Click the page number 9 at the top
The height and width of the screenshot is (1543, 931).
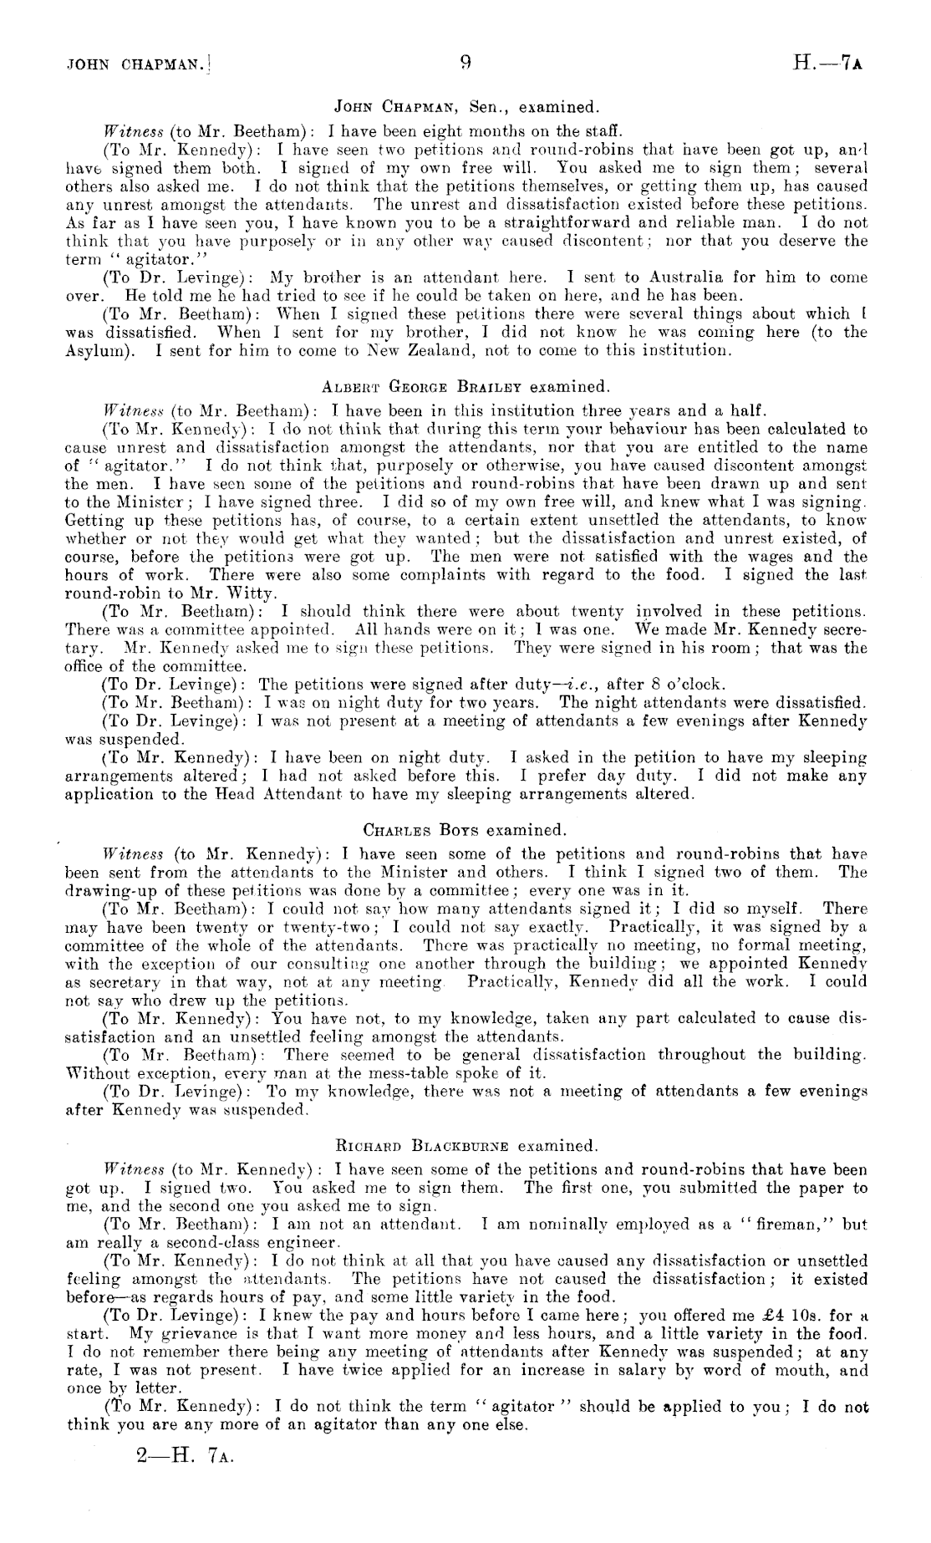(x=465, y=62)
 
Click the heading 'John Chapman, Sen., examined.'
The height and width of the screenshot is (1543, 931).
(x=465, y=107)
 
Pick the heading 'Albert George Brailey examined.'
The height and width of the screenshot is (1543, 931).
(x=465, y=387)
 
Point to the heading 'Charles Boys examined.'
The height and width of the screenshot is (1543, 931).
(x=465, y=830)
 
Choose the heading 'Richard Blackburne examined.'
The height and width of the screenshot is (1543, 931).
(x=465, y=1145)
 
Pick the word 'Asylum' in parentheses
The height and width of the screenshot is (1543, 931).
(x=94, y=350)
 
